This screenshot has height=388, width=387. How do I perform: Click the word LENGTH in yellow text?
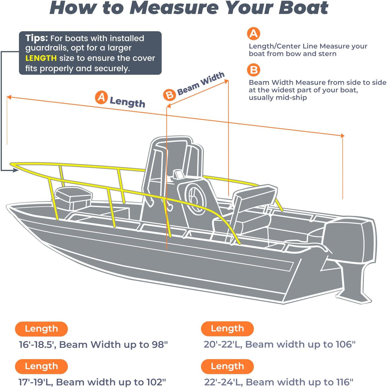41,58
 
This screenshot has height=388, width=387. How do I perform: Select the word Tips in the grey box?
36,38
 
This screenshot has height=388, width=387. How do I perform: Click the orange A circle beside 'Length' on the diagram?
101,97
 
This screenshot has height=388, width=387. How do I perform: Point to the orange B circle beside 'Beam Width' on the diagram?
169,95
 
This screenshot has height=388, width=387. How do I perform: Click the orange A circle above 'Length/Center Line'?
254,34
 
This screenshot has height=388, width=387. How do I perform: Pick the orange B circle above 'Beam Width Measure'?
254,70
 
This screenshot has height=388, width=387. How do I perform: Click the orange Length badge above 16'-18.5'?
41,329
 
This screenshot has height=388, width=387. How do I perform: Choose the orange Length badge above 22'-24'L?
227,366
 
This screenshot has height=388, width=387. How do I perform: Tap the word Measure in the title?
174,8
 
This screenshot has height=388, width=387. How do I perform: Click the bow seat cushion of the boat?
74,194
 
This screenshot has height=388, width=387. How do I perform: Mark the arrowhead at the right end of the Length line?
342,135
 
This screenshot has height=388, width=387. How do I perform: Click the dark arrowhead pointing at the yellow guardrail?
16,170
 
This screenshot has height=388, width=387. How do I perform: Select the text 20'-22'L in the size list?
223,344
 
